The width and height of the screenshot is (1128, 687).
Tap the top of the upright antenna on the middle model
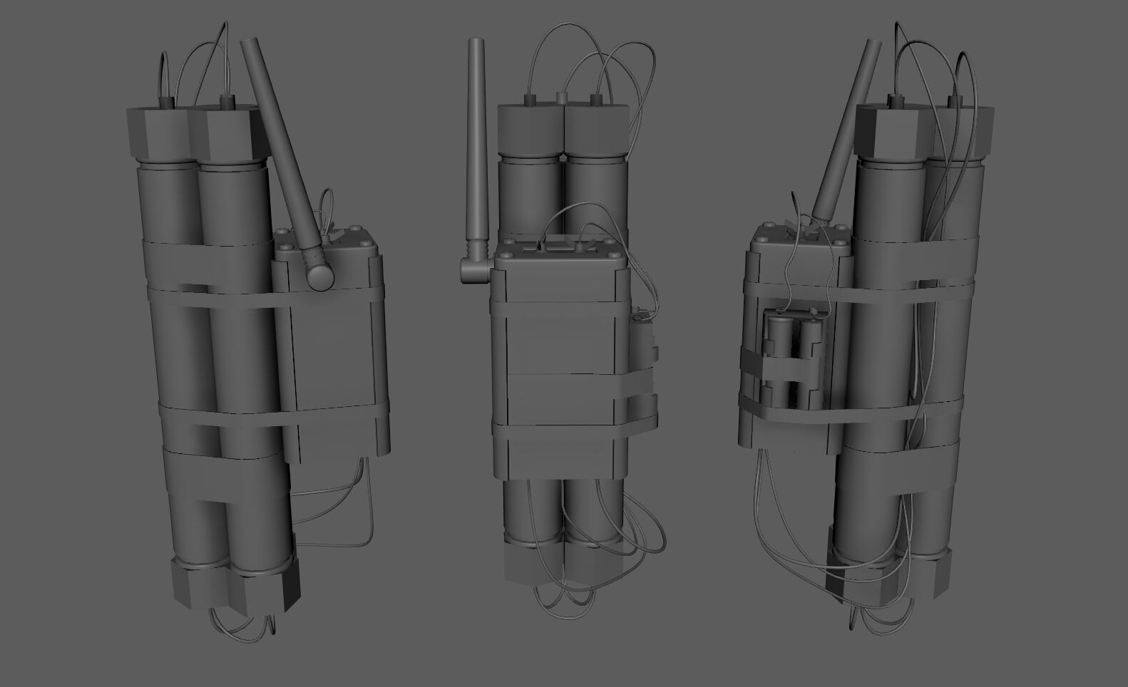click(476, 44)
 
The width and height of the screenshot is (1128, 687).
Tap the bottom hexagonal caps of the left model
click(235, 586)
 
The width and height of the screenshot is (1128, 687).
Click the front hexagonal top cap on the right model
click(893, 132)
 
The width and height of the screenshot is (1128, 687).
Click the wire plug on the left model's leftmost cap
click(167, 102)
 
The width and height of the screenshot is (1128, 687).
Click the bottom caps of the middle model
click(563, 567)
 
